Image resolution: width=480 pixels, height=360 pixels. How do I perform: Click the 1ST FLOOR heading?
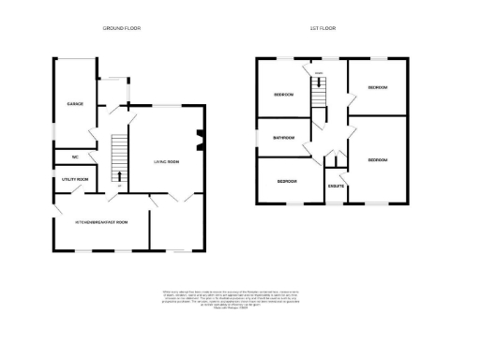click(x=324, y=29)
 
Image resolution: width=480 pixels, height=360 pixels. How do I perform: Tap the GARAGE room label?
click(x=74, y=103)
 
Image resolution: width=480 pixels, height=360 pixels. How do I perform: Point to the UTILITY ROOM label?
click(x=75, y=178)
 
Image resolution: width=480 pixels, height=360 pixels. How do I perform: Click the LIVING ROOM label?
click(x=167, y=161)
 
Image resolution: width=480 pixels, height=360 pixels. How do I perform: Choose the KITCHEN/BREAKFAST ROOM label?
click(x=101, y=221)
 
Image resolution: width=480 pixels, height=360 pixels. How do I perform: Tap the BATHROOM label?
click(x=284, y=138)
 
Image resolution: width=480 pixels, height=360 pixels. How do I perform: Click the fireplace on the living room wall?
click(x=200, y=143)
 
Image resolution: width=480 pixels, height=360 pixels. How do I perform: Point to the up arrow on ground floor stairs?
click(x=119, y=176)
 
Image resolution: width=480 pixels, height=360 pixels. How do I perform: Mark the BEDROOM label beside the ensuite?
click(x=378, y=160)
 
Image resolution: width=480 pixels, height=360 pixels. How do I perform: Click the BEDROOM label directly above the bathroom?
click(x=284, y=95)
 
